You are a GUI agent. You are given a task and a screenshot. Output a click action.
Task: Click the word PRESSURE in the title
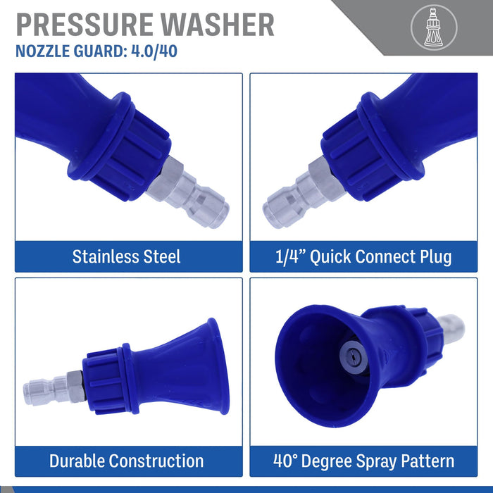85,25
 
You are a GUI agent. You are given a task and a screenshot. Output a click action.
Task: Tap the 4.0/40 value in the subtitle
154,51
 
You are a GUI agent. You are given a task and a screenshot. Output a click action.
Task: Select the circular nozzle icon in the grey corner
434,27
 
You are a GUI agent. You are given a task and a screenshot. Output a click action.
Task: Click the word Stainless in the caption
106,256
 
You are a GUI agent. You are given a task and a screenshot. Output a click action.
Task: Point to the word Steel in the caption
162,256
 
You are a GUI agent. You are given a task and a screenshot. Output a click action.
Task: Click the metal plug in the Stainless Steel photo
188,192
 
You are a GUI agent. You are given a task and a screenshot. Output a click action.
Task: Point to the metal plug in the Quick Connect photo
304,192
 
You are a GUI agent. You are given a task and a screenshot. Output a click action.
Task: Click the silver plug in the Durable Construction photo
54,388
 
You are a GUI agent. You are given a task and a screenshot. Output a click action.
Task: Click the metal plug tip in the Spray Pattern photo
451,329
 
